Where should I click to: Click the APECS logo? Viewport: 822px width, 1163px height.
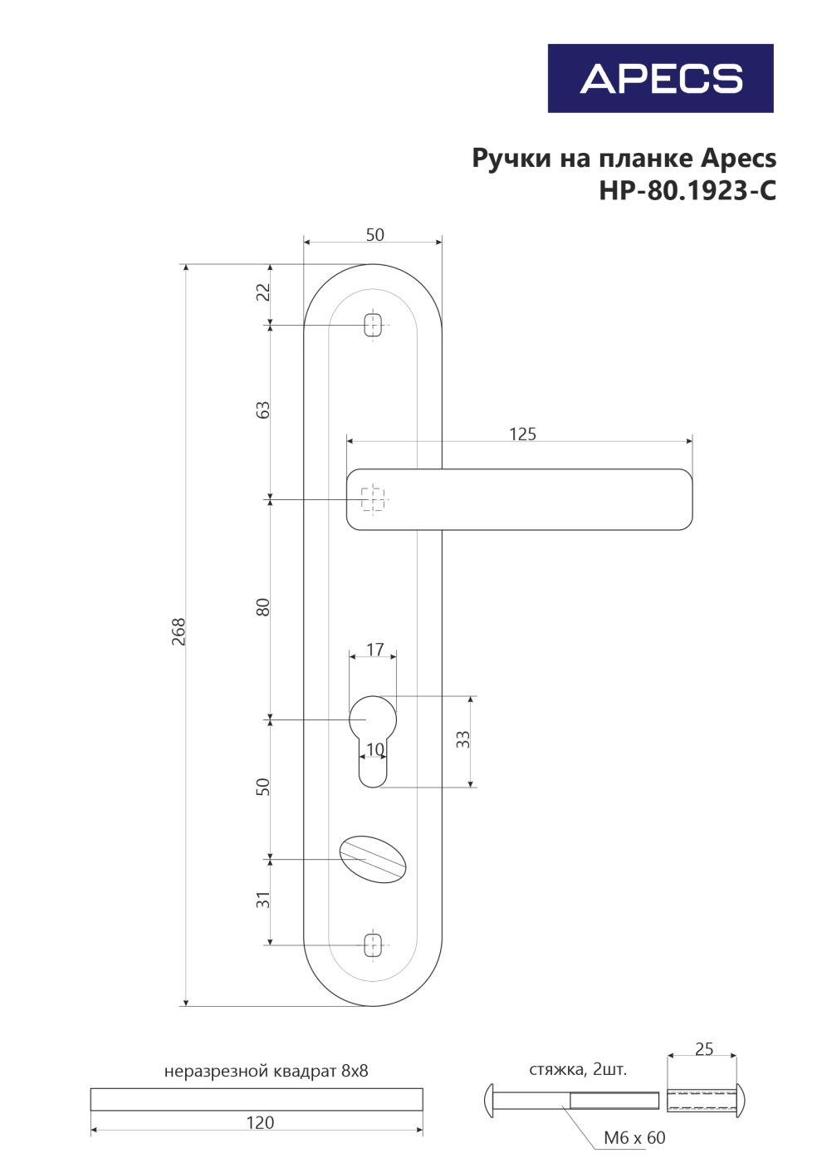pyautogui.click(x=661, y=78)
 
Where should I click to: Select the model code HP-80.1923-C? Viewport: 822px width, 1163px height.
pyautogui.click(x=687, y=190)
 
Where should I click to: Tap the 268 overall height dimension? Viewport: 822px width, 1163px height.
pyautogui.click(x=179, y=631)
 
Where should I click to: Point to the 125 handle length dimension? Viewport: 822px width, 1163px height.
pyautogui.click(x=522, y=434)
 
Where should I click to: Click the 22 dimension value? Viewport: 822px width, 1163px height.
pyautogui.click(x=264, y=292)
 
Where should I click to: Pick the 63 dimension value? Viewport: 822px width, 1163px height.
pyautogui.click(x=264, y=410)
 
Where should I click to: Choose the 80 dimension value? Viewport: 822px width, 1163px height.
pyautogui.click(x=264, y=607)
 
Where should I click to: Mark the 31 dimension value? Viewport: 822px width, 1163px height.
pyautogui.click(x=264, y=900)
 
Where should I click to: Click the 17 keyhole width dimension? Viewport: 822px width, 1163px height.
pyautogui.click(x=375, y=650)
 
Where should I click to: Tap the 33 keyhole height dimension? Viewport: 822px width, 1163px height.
pyautogui.click(x=463, y=739)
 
